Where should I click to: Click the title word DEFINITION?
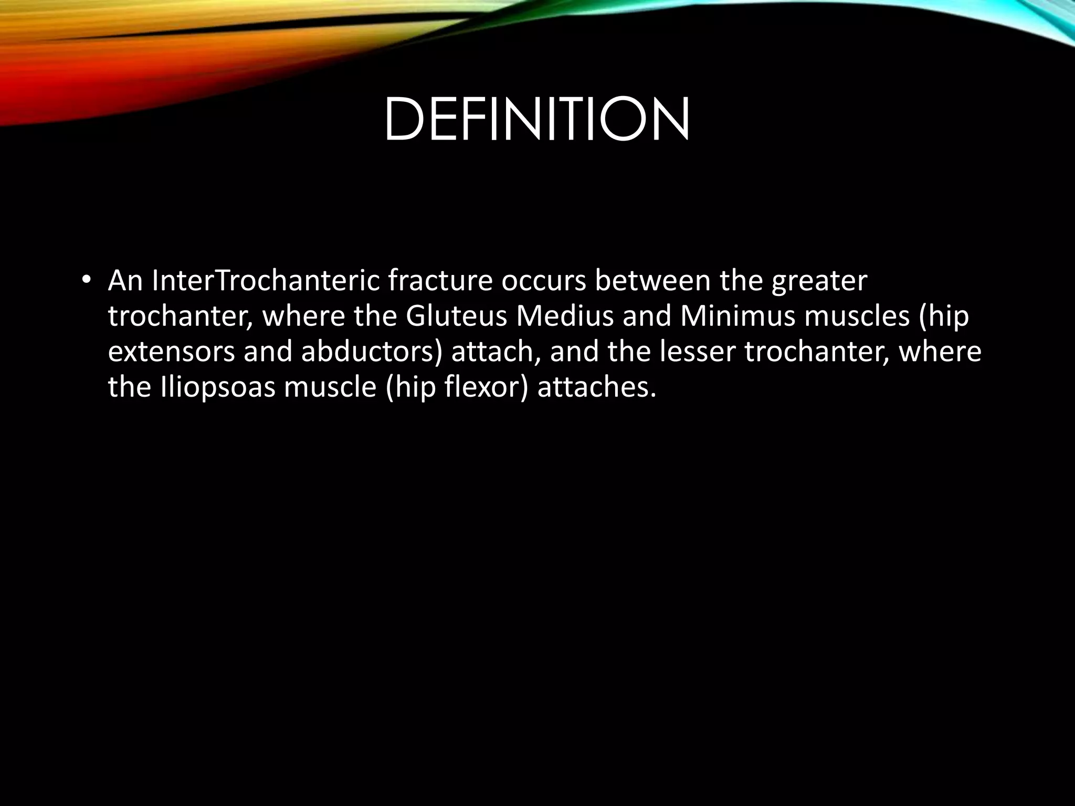[x=536, y=120]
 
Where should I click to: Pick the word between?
[x=652, y=281]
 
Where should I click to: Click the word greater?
[x=819, y=282]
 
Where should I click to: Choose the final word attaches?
[x=596, y=387]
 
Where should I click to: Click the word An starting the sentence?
[x=125, y=281]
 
